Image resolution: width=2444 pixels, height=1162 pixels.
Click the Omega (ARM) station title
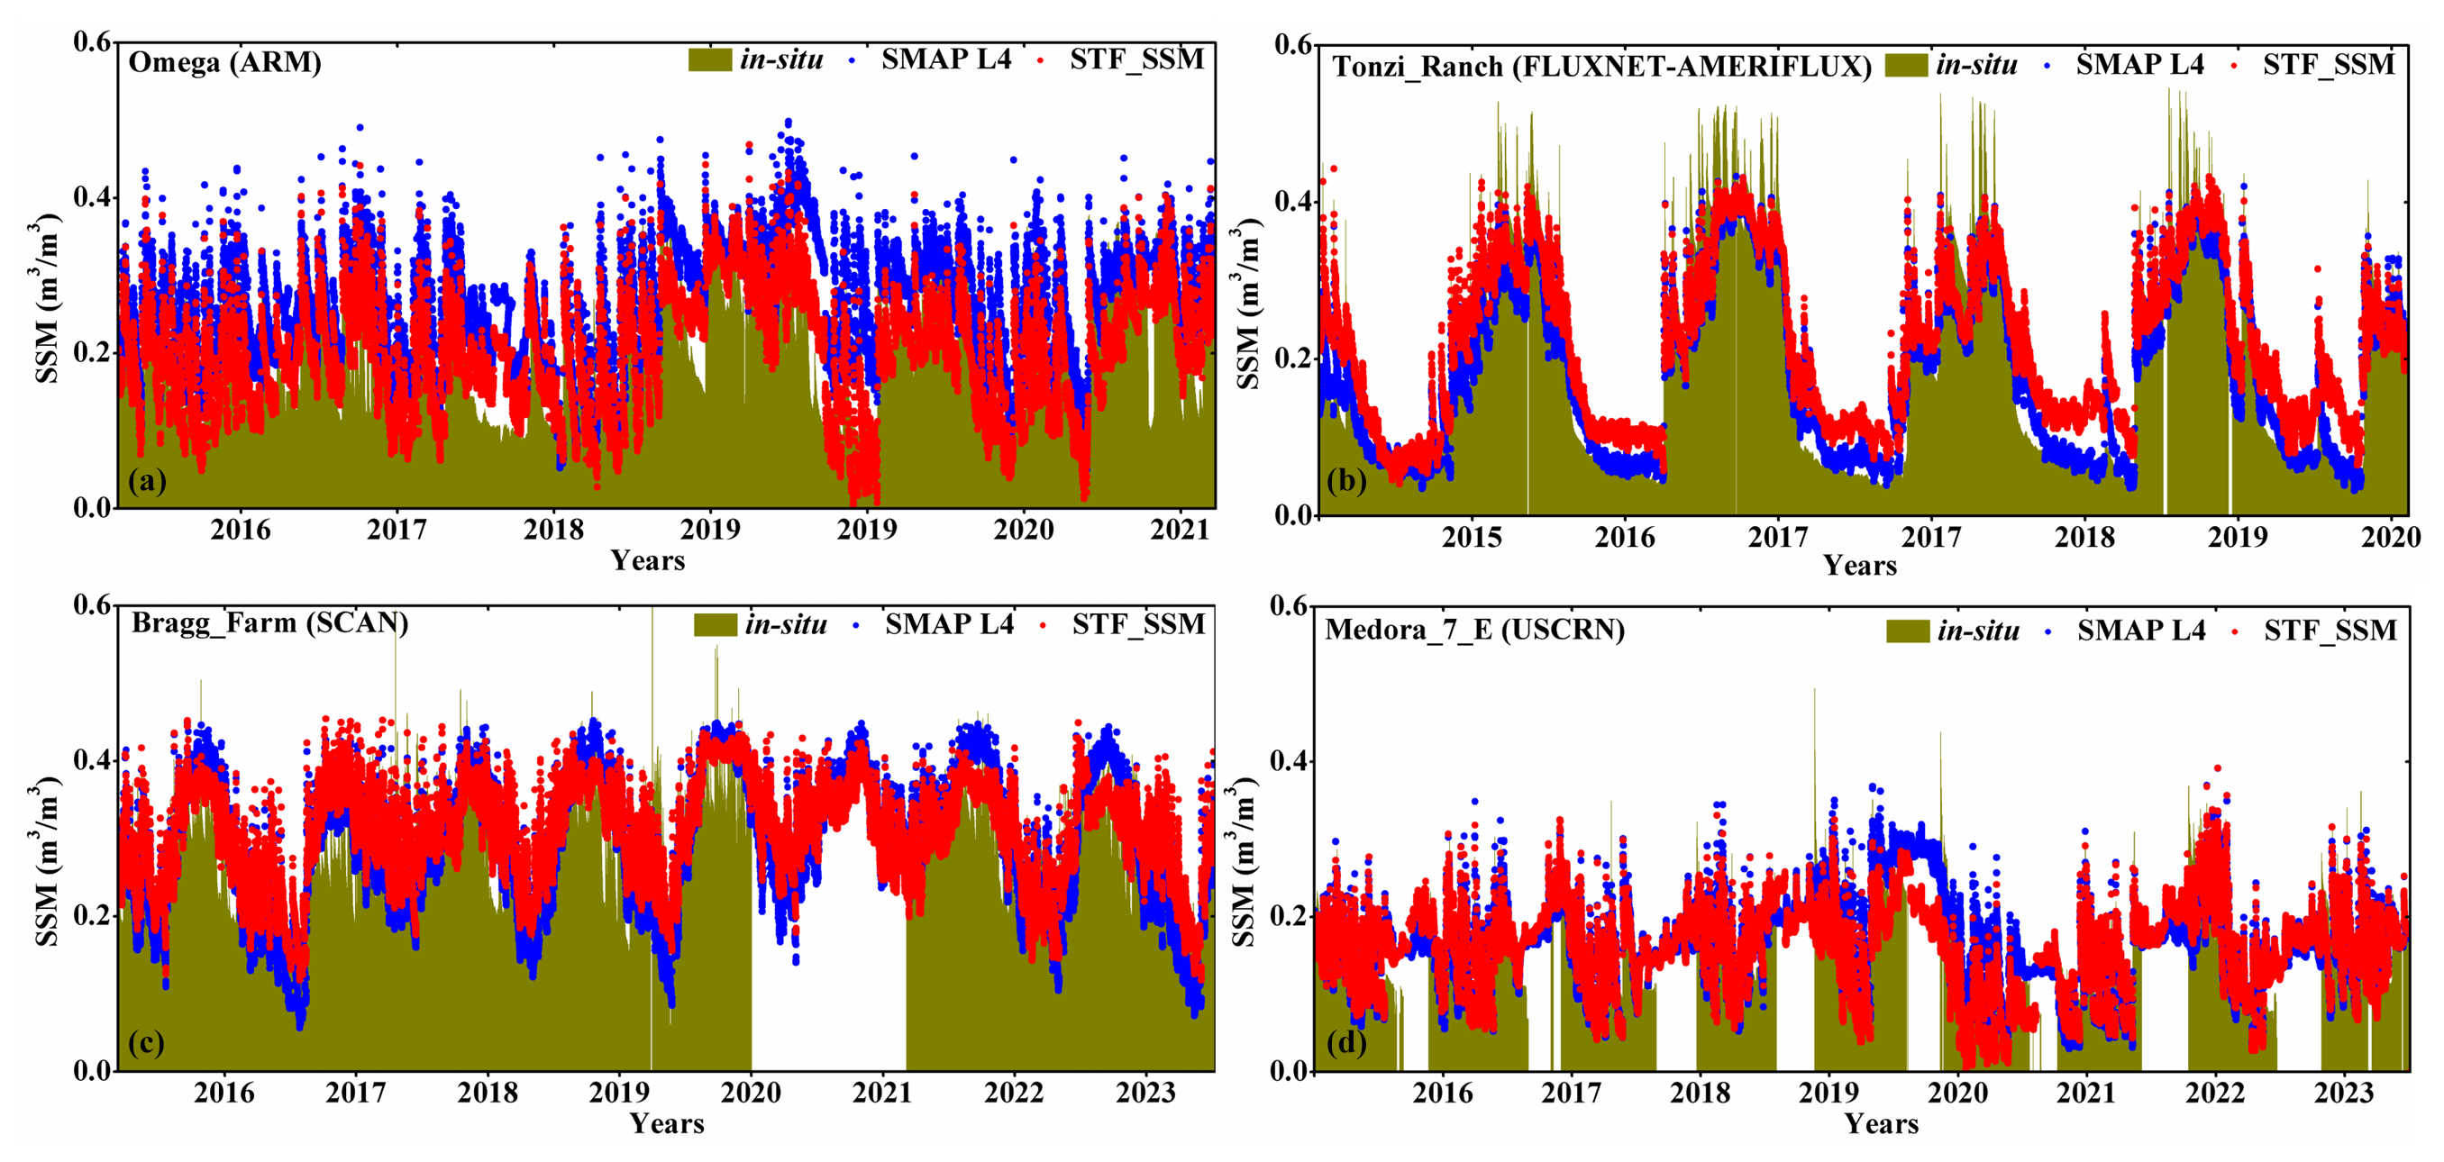point(225,63)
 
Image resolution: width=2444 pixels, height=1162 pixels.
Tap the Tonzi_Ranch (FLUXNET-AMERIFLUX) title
point(1601,68)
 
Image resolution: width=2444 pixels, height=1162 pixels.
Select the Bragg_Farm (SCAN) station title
point(269,623)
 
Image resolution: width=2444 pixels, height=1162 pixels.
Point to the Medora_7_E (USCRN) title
point(1474,630)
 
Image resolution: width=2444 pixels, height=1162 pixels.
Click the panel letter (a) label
point(147,481)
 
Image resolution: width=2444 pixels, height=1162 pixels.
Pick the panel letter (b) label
point(1347,481)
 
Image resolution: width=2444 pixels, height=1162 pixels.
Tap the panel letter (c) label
point(146,1042)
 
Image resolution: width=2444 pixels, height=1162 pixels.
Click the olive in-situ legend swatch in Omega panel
point(709,59)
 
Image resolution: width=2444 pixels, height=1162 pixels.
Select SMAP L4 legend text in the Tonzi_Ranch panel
point(2139,65)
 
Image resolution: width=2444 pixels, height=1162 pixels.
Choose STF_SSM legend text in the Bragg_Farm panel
point(1138,624)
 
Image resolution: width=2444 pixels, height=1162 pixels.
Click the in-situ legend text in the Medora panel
point(1978,631)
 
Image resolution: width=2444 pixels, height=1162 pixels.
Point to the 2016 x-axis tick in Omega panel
point(240,530)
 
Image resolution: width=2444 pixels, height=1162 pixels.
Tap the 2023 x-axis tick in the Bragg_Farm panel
point(1145,1093)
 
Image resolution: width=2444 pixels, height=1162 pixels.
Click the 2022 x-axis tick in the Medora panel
point(2214,1093)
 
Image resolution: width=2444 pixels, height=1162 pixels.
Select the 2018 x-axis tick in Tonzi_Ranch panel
point(2084,537)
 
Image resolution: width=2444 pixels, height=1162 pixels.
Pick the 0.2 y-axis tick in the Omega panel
point(92,353)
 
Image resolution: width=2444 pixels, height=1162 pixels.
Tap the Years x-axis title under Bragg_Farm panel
point(667,1124)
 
